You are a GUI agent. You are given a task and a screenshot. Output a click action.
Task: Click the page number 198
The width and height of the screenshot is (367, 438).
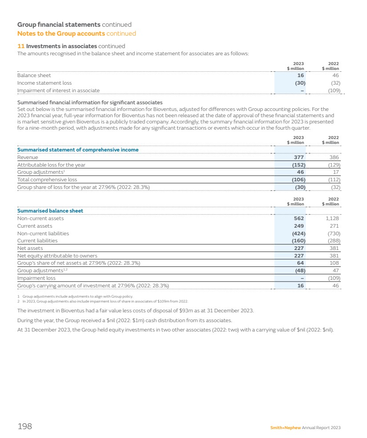tap(24, 427)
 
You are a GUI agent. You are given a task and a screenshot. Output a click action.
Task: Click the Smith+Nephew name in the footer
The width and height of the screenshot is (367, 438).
tap(285, 428)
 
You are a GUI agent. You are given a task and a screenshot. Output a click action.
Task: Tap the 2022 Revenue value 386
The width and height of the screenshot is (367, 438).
tap(334, 157)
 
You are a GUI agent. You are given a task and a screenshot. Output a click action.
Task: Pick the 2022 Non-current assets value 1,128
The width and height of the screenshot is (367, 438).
tap(332, 218)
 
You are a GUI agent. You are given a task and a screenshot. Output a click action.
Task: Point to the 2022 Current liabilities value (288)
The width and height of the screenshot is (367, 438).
tap(333, 241)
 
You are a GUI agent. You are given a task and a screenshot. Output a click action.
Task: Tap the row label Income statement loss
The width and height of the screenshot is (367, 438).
tap(44, 83)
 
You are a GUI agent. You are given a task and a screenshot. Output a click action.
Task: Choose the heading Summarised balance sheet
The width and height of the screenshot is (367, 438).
tap(50, 211)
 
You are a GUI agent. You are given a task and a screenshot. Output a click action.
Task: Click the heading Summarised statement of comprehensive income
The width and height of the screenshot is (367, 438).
tap(77, 150)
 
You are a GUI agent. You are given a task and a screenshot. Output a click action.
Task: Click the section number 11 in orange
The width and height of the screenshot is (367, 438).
tap(20, 46)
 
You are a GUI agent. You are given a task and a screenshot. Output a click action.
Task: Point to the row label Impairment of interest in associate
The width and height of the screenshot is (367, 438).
tap(58, 90)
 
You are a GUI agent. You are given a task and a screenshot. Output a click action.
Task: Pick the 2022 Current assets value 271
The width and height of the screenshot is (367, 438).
tap(334, 226)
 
